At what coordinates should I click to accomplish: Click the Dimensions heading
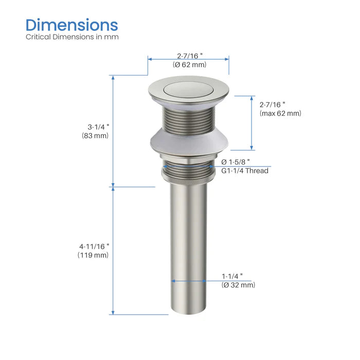coord(71,25)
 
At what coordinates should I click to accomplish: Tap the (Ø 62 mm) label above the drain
coord(189,65)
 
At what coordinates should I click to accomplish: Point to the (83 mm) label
coord(95,136)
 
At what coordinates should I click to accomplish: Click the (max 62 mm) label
coord(280,113)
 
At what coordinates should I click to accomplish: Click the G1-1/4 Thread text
coord(245,171)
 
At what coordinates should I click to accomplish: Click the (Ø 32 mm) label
coord(238,285)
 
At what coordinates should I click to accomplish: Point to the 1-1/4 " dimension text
coord(232,276)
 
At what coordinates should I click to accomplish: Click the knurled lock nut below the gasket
coord(189,175)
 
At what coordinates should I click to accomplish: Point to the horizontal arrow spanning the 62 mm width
coord(188,58)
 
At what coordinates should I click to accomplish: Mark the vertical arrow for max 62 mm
coord(251,122)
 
